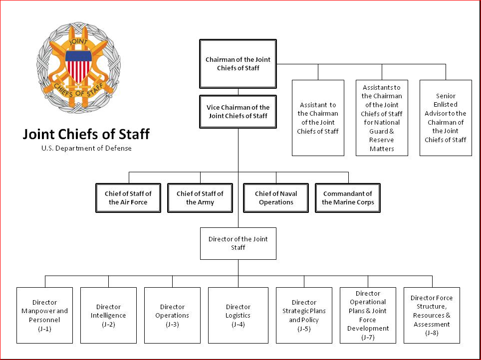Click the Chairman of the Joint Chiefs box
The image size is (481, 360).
238,64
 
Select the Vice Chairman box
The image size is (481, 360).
238,112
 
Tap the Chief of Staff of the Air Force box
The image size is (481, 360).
128,198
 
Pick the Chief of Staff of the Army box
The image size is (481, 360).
200,198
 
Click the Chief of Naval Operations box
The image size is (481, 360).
276,198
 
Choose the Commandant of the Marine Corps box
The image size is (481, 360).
348,198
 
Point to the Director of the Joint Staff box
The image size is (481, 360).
238,243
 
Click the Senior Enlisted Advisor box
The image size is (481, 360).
446,118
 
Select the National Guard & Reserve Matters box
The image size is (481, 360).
382,118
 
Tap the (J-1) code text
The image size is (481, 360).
44,329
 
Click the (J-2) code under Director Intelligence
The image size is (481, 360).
108,324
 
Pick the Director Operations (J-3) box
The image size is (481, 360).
172,315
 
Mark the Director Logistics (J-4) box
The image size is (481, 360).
238,315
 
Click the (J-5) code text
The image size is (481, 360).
304,329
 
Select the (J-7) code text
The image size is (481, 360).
368,337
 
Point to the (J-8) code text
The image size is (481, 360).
432,333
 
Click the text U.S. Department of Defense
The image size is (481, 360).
86,148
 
